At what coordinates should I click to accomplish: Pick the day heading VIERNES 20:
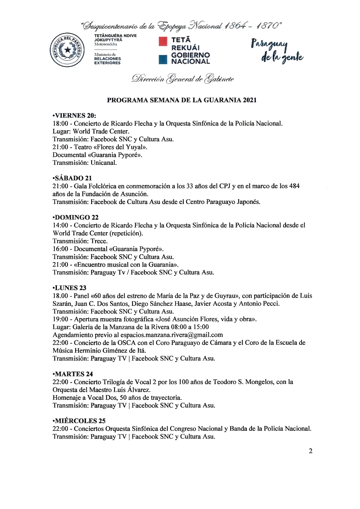[x=74, y=115]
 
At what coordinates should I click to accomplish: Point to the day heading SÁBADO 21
[x=73, y=178]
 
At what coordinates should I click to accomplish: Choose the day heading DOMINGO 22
[x=75, y=217]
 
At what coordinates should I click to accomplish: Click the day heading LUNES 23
[x=69, y=288]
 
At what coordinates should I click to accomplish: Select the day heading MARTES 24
[x=73, y=374]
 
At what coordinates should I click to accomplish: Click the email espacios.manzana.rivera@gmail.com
[x=171, y=335]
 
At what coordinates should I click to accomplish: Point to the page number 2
[x=311, y=451]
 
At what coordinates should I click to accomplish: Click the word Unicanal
[x=104, y=163]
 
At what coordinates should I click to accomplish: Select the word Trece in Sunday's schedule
[x=99, y=241]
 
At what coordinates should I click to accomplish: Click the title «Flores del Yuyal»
[x=120, y=147]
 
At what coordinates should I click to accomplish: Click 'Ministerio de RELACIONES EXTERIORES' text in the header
[x=107, y=59]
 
